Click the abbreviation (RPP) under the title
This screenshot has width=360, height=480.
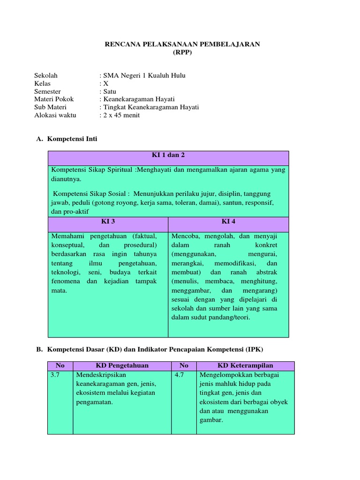tap(182, 52)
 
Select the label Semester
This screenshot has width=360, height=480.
tap(48, 91)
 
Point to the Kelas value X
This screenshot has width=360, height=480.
tap(105, 83)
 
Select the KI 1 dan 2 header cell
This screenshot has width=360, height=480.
tap(169, 155)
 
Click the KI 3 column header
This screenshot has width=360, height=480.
tap(108, 221)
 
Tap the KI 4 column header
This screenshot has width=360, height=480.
tap(229, 221)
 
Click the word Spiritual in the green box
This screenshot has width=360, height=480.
tap(117, 170)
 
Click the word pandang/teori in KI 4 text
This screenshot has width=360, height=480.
tap(226, 317)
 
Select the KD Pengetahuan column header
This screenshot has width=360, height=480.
tap(122, 366)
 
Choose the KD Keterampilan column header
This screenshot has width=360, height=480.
tap(245, 366)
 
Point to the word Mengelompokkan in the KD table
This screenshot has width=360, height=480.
tap(222, 375)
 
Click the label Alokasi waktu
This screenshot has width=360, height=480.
tap(55, 115)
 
